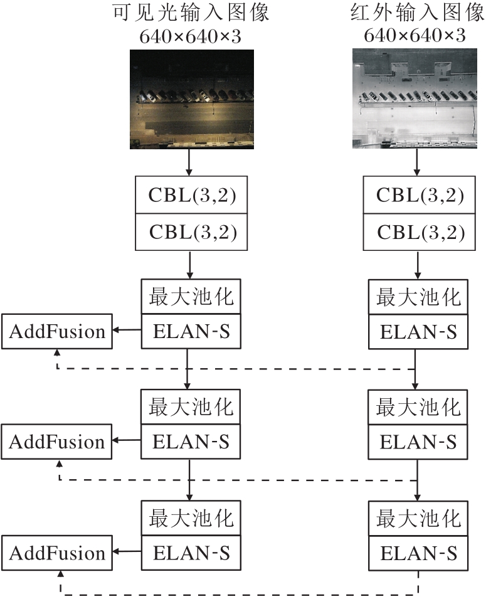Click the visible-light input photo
click(191, 99)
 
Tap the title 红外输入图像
click(415, 13)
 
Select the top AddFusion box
click(57, 331)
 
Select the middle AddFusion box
click(57, 442)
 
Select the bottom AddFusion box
click(57, 553)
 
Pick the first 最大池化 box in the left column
click(191, 297)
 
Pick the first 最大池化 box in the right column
click(418, 297)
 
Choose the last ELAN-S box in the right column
click(418, 553)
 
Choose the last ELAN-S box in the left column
click(191, 553)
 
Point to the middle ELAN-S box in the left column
click(191, 442)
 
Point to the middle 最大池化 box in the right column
click(418, 408)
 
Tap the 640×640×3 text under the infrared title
click(415, 36)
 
